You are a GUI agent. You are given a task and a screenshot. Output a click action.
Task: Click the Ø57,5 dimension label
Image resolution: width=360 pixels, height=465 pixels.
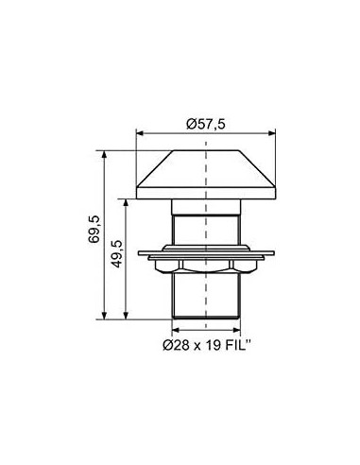pyautogui.click(x=206, y=124)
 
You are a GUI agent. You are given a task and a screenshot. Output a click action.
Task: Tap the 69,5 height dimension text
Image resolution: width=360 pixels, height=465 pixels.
pyautogui.click(x=94, y=230)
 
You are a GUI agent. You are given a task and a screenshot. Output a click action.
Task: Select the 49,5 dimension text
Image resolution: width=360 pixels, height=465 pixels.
pyautogui.click(x=117, y=254)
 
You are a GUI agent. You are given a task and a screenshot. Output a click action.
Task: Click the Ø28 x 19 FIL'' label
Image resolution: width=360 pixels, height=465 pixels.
pyautogui.click(x=207, y=346)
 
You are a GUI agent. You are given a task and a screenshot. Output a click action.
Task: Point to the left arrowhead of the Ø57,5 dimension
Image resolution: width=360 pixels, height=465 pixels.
pyautogui.click(x=140, y=133)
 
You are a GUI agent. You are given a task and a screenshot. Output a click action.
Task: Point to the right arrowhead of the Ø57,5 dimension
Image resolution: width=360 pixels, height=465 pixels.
pyautogui.click(x=272, y=133)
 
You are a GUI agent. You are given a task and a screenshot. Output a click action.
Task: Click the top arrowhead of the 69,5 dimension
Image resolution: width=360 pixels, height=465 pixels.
pyautogui.click(x=105, y=154)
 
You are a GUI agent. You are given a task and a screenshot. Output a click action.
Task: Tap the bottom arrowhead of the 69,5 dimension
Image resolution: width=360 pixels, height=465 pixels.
pyautogui.click(x=105, y=316)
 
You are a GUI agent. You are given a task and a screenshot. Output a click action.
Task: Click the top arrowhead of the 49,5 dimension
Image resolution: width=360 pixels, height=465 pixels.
pyautogui.click(x=126, y=202)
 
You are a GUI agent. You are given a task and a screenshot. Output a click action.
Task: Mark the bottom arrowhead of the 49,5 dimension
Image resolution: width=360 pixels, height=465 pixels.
pyautogui.click(x=126, y=316)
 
